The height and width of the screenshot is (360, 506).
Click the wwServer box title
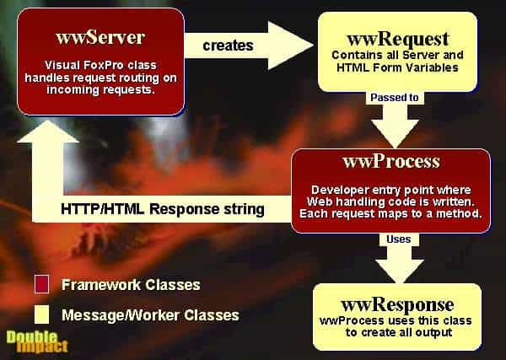tap(100, 37)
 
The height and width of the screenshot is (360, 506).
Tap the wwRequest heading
tap(397, 39)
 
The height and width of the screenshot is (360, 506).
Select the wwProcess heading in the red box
tap(391, 161)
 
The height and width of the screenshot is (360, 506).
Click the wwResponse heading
tap(397, 304)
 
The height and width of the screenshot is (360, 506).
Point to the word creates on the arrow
tap(228, 46)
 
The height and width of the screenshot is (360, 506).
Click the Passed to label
tap(395, 98)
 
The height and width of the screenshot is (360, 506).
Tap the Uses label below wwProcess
tap(399, 239)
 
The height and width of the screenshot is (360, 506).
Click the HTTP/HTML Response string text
tap(163, 209)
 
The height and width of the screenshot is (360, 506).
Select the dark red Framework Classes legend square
tap(41, 284)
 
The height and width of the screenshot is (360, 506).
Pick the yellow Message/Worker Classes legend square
tap(41, 314)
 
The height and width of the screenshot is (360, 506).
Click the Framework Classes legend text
tap(131, 285)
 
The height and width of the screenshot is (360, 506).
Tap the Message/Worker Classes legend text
tap(150, 315)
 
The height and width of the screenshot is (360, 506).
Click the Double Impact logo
tap(37, 342)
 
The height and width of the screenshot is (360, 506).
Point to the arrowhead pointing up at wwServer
tap(48, 132)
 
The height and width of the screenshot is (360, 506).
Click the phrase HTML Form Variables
tap(397, 67)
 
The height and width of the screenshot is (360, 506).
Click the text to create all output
tap(399, 332)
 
